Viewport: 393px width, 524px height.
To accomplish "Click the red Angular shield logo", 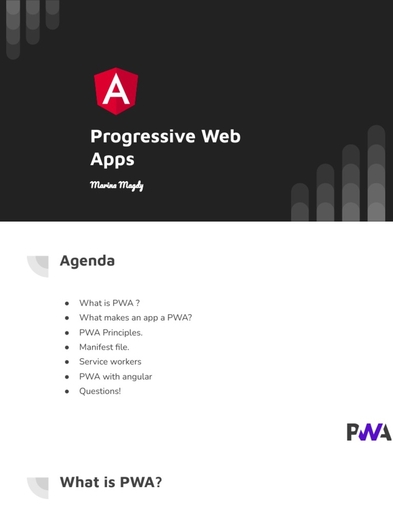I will pos(116,91).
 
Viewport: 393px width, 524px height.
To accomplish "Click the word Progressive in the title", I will pos(143,137).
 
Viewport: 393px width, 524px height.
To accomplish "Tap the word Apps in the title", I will pos(112,160).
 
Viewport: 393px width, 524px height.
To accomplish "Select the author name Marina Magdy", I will pos(116,185).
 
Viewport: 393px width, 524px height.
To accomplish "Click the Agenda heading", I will pos(87,260).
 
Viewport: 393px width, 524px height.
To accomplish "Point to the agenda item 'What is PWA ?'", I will pos(110,303).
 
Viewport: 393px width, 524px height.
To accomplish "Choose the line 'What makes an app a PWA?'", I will pos(135,318).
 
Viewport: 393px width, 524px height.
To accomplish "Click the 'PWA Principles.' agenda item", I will pos(111,333).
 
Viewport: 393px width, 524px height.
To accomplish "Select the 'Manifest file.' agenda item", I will pos(104,347).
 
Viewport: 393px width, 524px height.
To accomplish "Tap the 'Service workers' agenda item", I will pos(110,362).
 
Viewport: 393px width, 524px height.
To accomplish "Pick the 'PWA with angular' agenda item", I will pos(115,377).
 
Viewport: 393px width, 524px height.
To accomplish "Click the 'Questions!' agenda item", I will pos(100,391).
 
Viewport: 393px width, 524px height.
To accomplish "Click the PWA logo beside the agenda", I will pos(369,432).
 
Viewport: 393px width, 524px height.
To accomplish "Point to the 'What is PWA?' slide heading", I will pos(111,482).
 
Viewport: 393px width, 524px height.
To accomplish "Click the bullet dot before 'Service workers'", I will pos(67,362).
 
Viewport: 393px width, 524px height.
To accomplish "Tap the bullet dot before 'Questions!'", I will pos(67,391).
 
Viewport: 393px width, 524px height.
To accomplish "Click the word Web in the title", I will pos(221,137).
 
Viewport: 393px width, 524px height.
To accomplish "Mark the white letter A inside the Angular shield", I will pos(116,91).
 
